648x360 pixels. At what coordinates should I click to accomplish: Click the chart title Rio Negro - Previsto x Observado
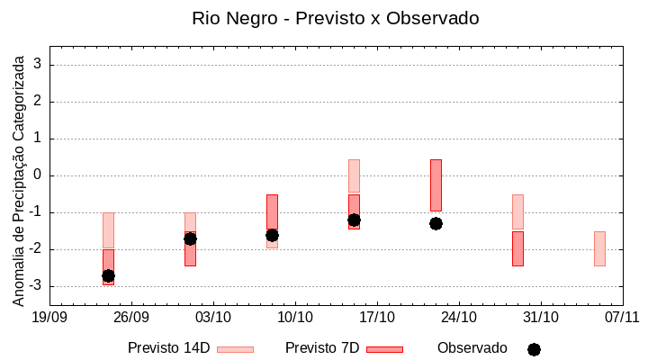coord(336,18)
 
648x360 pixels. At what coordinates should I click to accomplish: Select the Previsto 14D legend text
coord(168,348)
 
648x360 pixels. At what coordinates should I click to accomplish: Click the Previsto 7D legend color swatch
coord(384,349)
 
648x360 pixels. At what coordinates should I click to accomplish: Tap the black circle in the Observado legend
coord(534,349)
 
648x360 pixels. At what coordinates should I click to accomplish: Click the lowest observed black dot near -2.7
coord(108,275)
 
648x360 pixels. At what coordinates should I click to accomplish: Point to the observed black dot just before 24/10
coord(436,223)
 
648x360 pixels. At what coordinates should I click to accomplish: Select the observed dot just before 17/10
coord(354,220)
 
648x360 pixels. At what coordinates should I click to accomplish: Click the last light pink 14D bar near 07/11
coord(599,248)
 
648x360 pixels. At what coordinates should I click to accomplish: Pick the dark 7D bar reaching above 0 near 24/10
coord(436,184)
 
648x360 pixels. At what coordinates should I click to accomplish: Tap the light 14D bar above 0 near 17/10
coord(354,175)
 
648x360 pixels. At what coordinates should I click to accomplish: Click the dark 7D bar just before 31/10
coord(517,248)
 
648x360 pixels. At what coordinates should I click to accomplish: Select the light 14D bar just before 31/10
coord(517,211)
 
